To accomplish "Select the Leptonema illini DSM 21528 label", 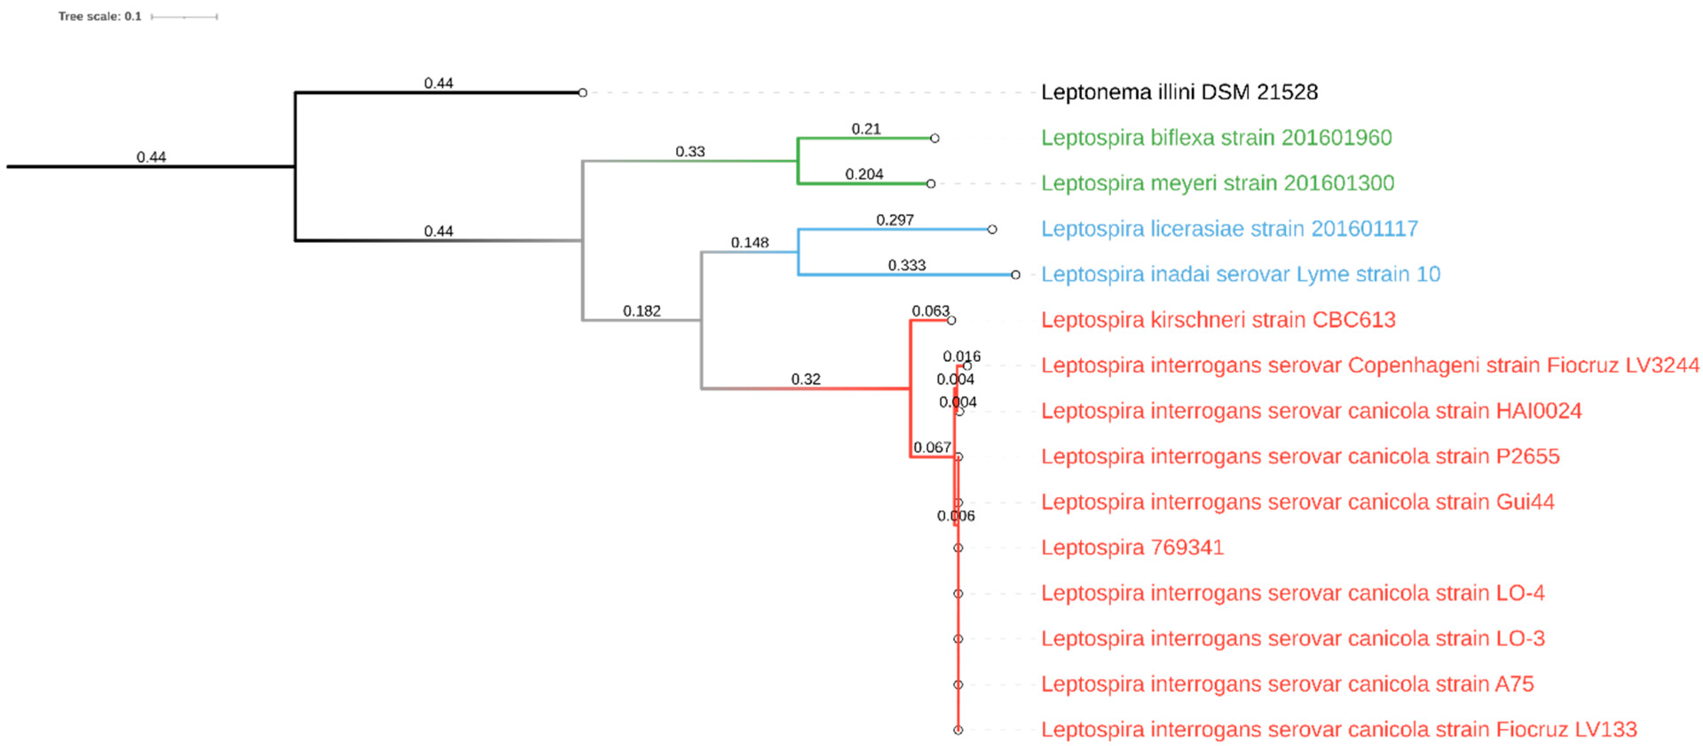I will [x=1179, y=92].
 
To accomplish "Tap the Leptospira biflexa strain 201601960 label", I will [x=1216, y=138].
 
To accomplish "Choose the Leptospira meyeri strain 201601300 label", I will [x=1217, y=183].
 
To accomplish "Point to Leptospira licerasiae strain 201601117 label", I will [x=1229, y=229].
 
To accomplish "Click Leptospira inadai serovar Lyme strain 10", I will [x=1240, y=274].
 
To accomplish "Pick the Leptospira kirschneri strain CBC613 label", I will [x=1218, y=320].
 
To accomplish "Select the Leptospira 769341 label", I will [x=1132, y=548].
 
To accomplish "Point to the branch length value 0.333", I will [x=907, y=265].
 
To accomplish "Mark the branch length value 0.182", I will [x=641, y=311].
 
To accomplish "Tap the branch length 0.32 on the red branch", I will [x=805, y=379].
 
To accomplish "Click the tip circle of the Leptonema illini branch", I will [x=583, y=93].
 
